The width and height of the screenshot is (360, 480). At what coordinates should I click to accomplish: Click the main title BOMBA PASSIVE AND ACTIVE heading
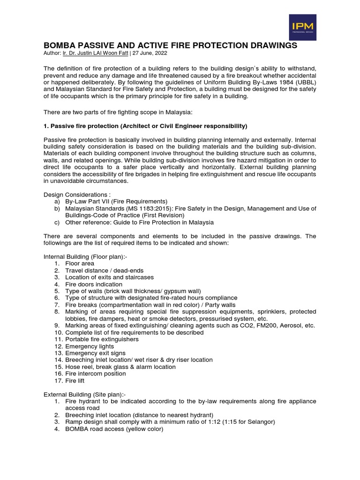click(170, 45)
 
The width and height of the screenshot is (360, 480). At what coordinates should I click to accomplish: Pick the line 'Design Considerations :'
click(74, 195)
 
